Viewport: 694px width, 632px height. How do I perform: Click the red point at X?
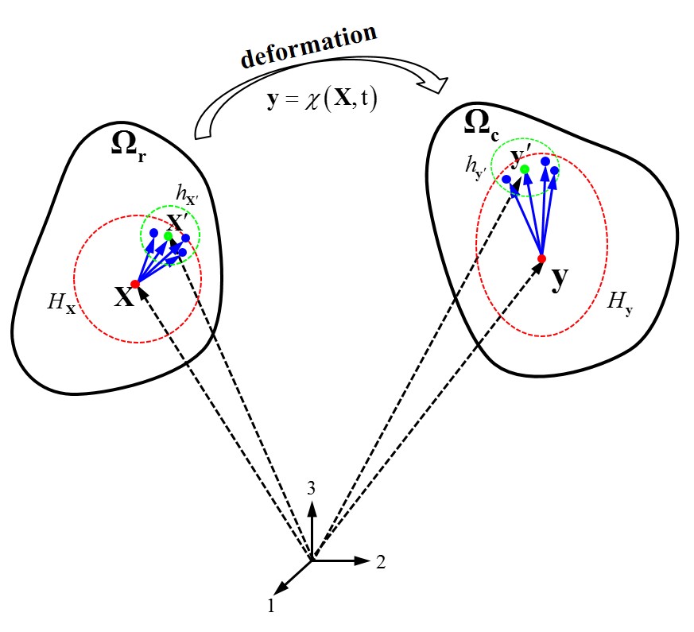pos(135,284)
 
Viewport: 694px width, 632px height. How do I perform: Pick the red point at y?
pos(542,258)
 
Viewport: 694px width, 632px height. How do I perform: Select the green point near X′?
pos(168,236)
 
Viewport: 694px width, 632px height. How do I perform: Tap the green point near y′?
pos(525,169)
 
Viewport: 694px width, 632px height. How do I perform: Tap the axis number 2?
pos(381,562)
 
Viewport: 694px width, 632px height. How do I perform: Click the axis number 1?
pos(271,607)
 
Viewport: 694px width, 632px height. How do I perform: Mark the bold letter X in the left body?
pos(122,299)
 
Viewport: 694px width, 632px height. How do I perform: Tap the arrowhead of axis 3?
pos(313,508)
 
